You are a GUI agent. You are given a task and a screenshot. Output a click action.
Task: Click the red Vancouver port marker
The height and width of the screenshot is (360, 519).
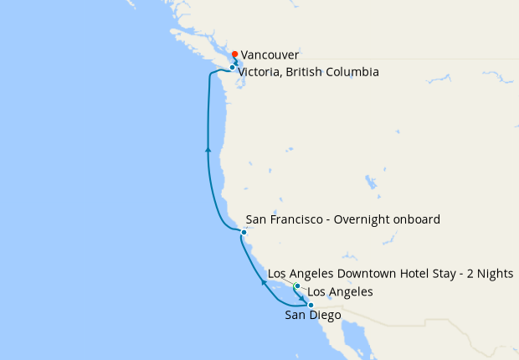[235, 55]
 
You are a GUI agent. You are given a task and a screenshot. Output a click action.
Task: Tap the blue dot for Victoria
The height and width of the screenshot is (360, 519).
[232, 67]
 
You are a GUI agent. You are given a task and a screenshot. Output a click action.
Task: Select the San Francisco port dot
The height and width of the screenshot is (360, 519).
[244, 232]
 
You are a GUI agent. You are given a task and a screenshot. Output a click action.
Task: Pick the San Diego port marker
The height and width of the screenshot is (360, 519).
[311, 305]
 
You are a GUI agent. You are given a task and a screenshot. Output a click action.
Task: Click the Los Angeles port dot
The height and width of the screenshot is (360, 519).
[296, 286]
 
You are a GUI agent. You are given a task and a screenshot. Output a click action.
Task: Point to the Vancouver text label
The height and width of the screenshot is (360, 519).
[270, 54]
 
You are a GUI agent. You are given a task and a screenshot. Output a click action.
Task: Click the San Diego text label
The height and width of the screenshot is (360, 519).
[314, 316]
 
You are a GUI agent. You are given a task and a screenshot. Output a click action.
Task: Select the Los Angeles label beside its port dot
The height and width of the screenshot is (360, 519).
[340, 291]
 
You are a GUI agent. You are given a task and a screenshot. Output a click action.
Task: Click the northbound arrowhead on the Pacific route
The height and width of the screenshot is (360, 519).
[208, 149]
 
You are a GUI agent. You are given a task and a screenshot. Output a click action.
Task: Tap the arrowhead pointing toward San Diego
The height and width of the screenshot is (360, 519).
[302, 296]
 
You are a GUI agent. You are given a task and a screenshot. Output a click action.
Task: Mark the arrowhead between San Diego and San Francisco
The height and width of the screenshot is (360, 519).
[265, 282]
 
